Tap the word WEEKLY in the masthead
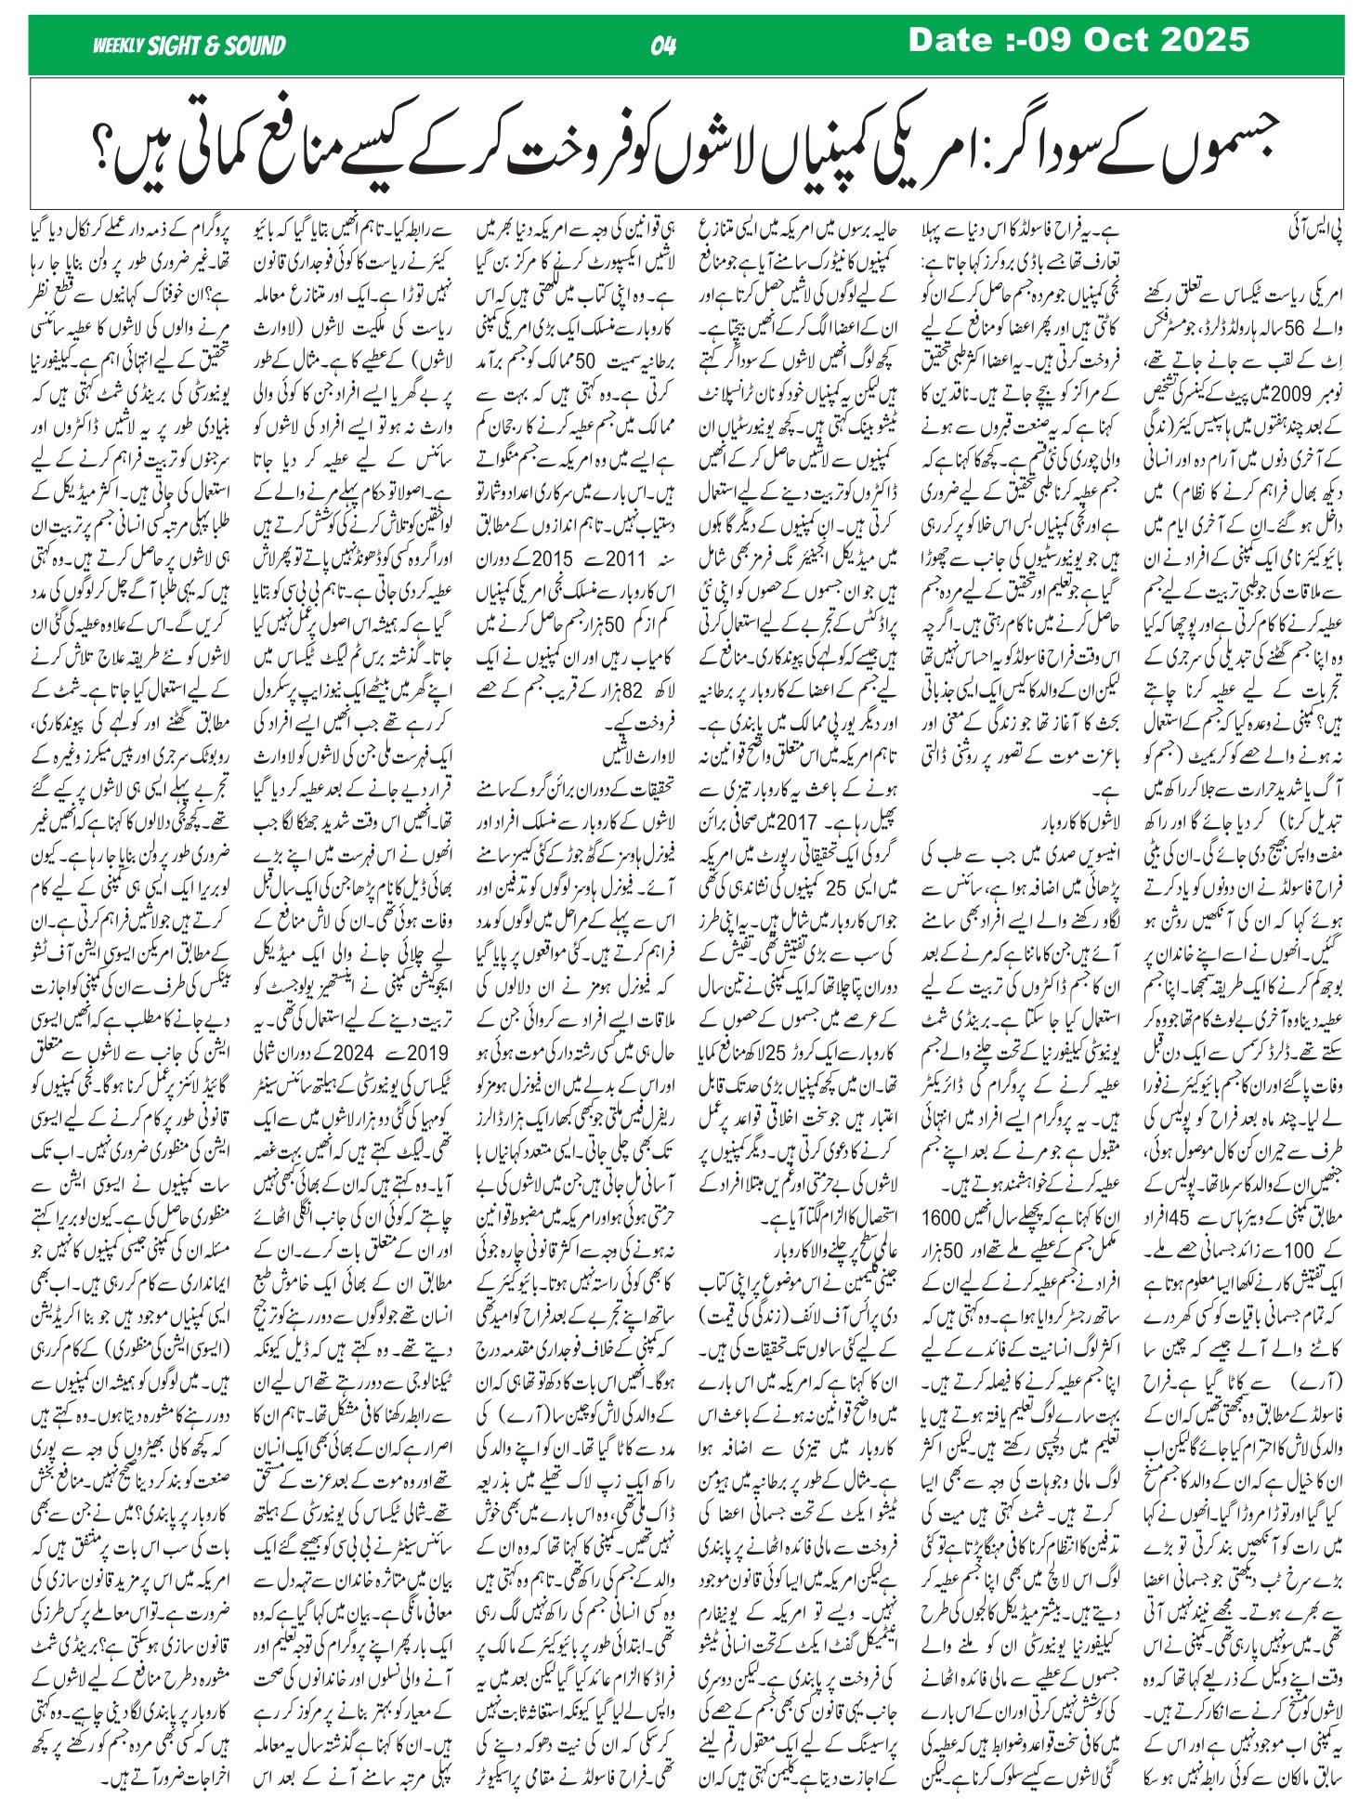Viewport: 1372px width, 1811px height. [117, 46]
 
